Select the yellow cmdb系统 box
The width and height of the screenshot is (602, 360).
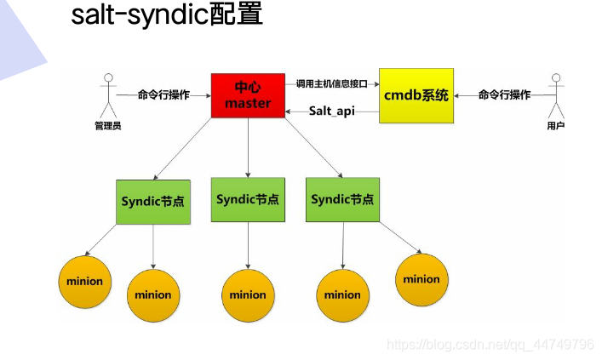point(416,95)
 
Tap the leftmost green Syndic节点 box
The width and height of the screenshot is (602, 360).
point(152,201)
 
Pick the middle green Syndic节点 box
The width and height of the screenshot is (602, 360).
point(248,200)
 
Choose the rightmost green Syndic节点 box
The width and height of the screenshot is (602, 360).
point(342,200)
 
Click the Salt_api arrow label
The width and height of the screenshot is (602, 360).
point(331,111)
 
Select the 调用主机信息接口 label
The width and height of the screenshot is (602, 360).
point(331,83)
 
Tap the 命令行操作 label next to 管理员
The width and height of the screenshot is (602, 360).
point(163,94)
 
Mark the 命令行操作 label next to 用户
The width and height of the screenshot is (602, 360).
point(504,94)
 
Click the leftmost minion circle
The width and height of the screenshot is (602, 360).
point(83,281)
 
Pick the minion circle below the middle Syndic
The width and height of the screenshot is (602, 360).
point(248,295)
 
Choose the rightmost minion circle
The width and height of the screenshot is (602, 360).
point(421,279)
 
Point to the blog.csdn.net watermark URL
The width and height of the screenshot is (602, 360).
point(490,344)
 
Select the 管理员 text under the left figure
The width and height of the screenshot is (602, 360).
point(108,127)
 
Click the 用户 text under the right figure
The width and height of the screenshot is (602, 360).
point(557,127)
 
